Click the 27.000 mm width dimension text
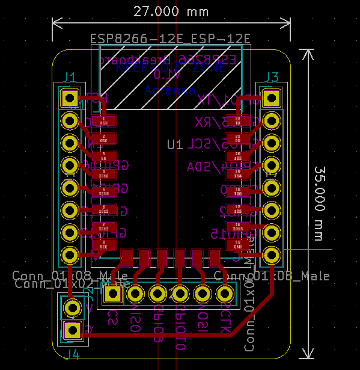[x=171, y=11]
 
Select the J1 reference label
[x=70, y=77]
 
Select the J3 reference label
[x=272, y=77]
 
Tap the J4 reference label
[x=72, y=353]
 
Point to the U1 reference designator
[x=175, y=144]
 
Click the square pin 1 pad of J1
[x=70, y=97]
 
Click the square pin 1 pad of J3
[x=272, y=97]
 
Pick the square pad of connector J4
[x=73, y=330]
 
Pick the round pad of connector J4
[x=73, y=308]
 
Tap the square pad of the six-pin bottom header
[x=112, y=294]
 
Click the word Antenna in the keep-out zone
[x=169, y=91]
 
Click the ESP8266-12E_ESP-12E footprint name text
[x=170, y=39]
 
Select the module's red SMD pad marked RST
[x=103, y=121]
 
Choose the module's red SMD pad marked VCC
[x=103, y=245]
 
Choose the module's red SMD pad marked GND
[x=238, y=245]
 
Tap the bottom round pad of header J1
[x=70, y=254]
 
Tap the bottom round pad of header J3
[x=272, y=254]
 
